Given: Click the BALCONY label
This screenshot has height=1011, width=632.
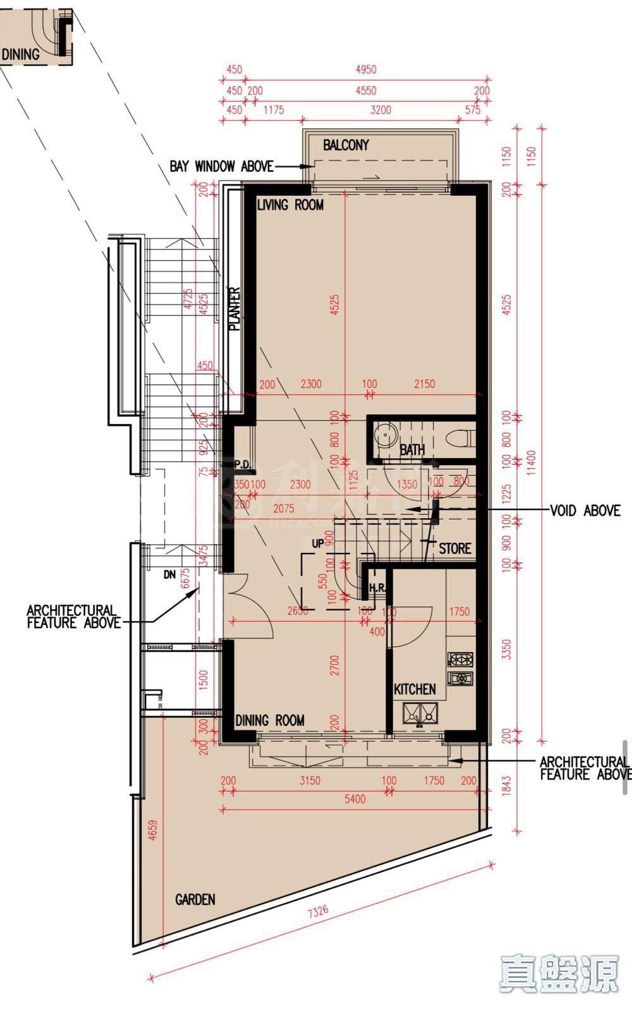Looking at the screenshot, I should [x=346, y=145].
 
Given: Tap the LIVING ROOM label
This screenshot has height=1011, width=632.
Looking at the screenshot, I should [x=290, y=205].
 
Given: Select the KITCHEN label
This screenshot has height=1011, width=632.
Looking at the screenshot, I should [x=415, y=689].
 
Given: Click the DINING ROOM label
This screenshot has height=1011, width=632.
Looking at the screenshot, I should [x=270, y=720].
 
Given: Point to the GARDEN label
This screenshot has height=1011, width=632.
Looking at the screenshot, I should [x=195, y=899].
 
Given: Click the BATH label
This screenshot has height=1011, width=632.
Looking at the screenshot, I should [x=412, y=450].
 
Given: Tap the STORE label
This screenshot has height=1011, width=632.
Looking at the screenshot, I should [x=455, y=548].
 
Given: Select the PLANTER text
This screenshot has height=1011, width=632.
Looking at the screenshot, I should [x=234, y=309].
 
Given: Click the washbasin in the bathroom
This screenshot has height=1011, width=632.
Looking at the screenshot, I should [x=384, y=435].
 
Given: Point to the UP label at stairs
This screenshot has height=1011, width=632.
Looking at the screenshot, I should [x=317, y=543].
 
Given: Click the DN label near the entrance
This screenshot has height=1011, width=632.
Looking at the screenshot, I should [x=169, y=575].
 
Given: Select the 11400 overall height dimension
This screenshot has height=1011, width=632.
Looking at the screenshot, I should [x=531, y=461].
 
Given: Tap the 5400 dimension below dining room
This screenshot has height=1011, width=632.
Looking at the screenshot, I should [x=355, y=799].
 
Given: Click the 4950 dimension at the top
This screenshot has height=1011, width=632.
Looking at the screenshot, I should [x=365, y=70].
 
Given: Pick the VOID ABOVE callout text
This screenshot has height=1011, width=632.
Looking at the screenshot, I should [x=585, y=510].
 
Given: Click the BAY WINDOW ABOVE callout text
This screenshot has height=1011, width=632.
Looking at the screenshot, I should [x=221, y=166].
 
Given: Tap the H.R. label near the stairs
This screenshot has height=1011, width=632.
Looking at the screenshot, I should [x=377, y=588].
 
